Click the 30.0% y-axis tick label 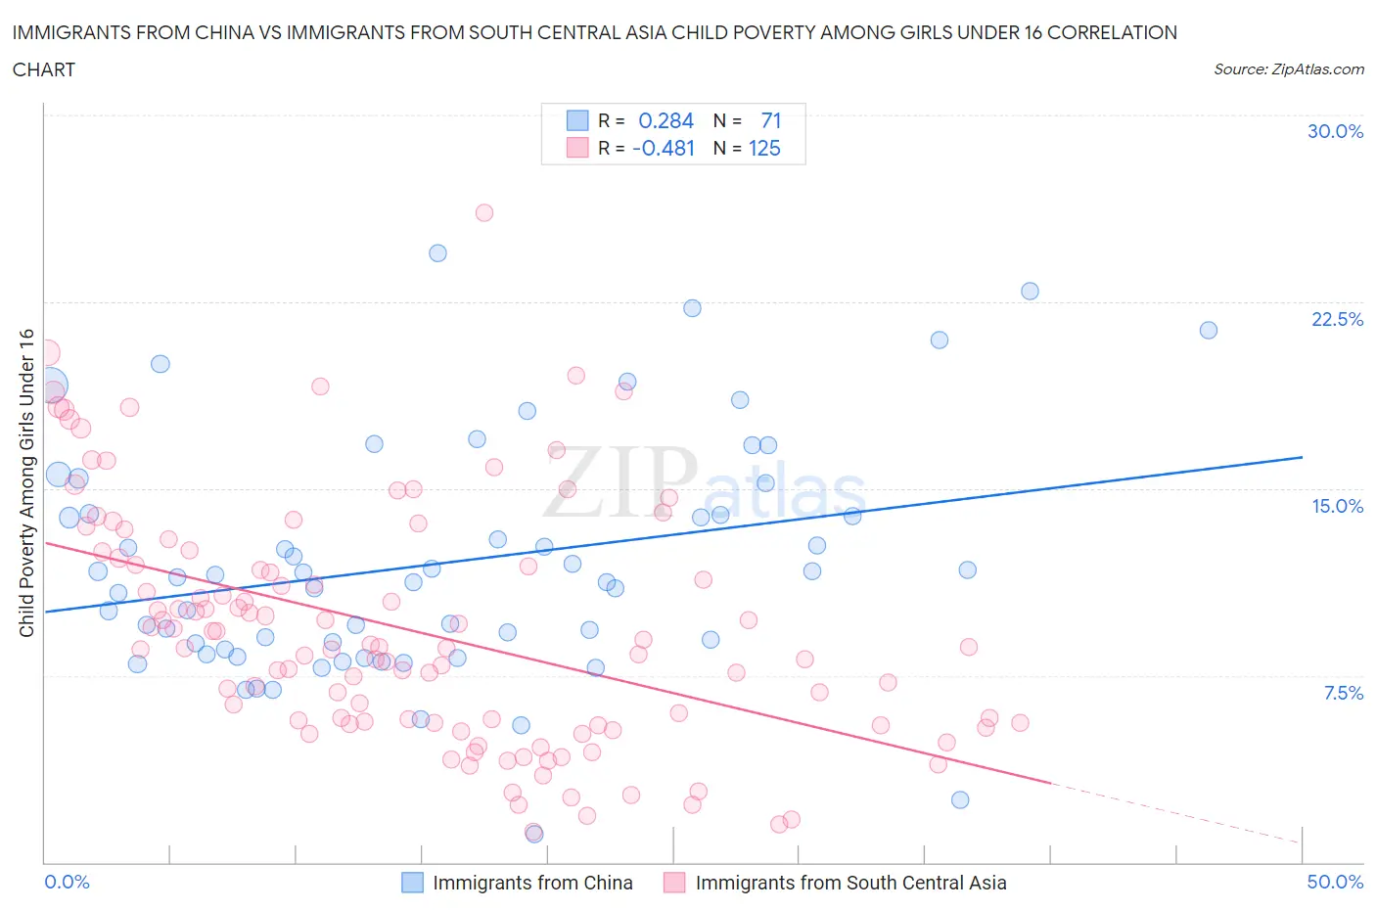[1335, 131]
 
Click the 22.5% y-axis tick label [1337, 319]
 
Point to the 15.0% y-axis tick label [1337, 506]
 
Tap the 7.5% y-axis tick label [1343, 693]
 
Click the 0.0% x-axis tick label [67, 882]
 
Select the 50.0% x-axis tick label [1335, 882]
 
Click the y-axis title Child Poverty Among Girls [26, 482]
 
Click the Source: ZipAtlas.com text [1288, 69]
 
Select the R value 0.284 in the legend [665, 120]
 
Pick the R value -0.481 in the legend [663, 148]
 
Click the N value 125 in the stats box [764, 148]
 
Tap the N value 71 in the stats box [770, 120]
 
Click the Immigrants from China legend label [532, 883]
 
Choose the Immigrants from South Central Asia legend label [850, 883]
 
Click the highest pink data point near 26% [483, 212]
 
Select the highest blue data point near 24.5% [437, 253]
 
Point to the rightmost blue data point [1208, 331]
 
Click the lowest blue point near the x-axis [533, 834]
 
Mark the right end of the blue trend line [1302, 457]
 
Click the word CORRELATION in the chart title [1112, 32]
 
